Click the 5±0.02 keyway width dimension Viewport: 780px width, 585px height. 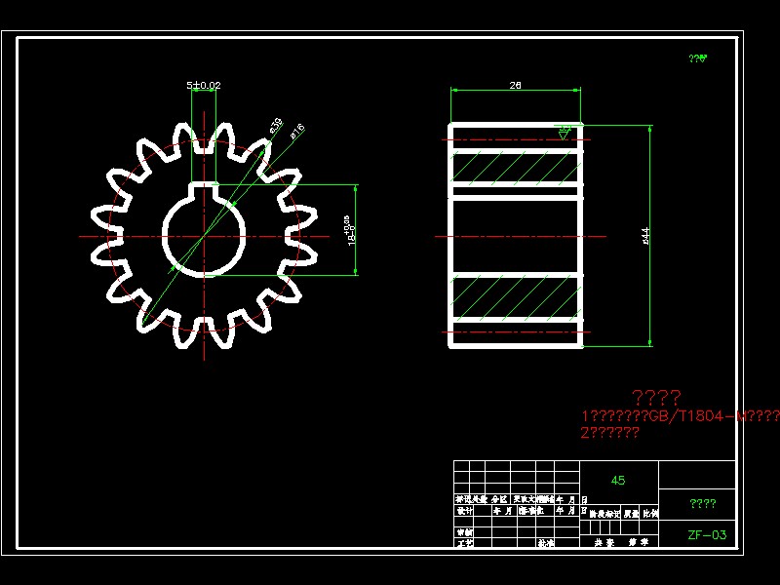(204, 86)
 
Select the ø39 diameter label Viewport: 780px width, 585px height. (275, 125)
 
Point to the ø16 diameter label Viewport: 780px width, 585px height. (296, 130)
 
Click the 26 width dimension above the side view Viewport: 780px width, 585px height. (515, 86)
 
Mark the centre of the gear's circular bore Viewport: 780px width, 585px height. (203, 236)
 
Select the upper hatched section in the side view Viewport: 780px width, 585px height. (515, 168)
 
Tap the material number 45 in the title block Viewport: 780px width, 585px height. (618, 481)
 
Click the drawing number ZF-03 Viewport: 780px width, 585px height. (706, 534)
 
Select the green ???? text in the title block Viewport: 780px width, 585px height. (702, 504)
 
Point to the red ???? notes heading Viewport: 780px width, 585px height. (656, 397)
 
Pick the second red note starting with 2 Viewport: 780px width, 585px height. (609, 433)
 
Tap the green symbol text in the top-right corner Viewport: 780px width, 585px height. (697, 58)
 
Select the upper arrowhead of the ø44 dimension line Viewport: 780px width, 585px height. (650, 130)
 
